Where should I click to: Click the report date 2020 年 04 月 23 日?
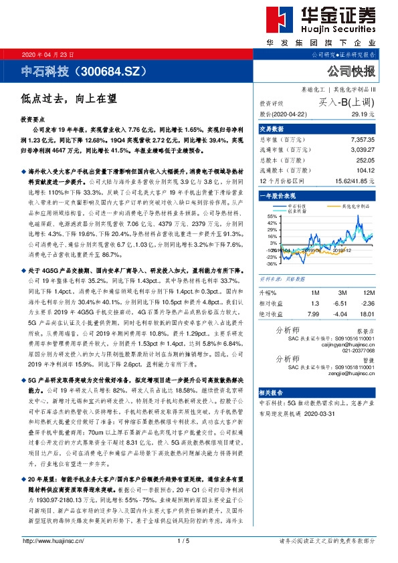41,54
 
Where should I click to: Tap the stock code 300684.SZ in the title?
112,71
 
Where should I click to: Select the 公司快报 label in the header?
351,71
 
